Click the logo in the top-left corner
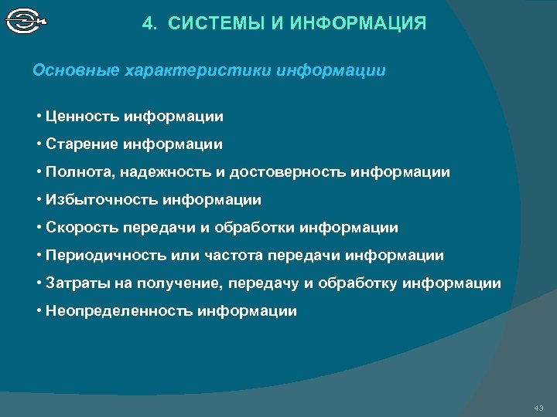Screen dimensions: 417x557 (x=26, y=21)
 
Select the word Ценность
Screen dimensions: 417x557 (x=81, y=117)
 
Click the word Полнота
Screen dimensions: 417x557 (x=78, y=172)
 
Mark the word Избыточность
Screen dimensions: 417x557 (x=101, y=200)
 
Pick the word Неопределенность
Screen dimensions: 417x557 (x=119, y=311)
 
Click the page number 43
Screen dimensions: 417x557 (x=539, y=407)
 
